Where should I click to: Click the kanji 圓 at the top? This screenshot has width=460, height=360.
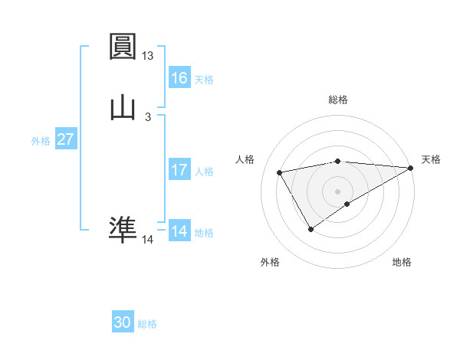tap(123, 47)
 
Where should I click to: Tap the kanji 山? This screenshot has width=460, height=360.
tap(123, 106)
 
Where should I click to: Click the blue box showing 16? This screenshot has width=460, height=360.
tap(179, 78)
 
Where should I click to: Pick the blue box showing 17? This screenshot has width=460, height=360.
tap(179, 170)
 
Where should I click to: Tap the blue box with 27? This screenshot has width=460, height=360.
tap(65, 139)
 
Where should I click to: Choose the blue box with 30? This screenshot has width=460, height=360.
tap(123, 322)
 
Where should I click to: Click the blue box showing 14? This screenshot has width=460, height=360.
tap(179, 231)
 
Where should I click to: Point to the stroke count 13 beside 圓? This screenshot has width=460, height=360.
tap(147, 56)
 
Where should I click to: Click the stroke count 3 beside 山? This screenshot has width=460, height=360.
tap(147, 116)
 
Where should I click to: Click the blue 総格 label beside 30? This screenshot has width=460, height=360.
tap(147, 324)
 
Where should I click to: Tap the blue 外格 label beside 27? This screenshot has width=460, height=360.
tap(41, 141)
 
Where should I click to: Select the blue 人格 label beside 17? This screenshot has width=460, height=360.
tap(204, 172)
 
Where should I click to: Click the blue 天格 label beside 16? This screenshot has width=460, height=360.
tap(204, 80)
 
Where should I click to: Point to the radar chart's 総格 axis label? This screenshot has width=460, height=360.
tap(337, 100)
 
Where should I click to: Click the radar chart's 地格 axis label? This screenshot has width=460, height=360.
tap(402, 263)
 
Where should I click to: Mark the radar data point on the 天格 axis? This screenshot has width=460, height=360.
tap(412, 168)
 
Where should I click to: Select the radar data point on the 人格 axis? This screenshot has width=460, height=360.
tap(280, 173)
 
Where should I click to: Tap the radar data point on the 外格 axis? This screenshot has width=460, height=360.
tap(310, 228)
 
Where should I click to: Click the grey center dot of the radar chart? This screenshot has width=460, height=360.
tap(337, 191)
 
